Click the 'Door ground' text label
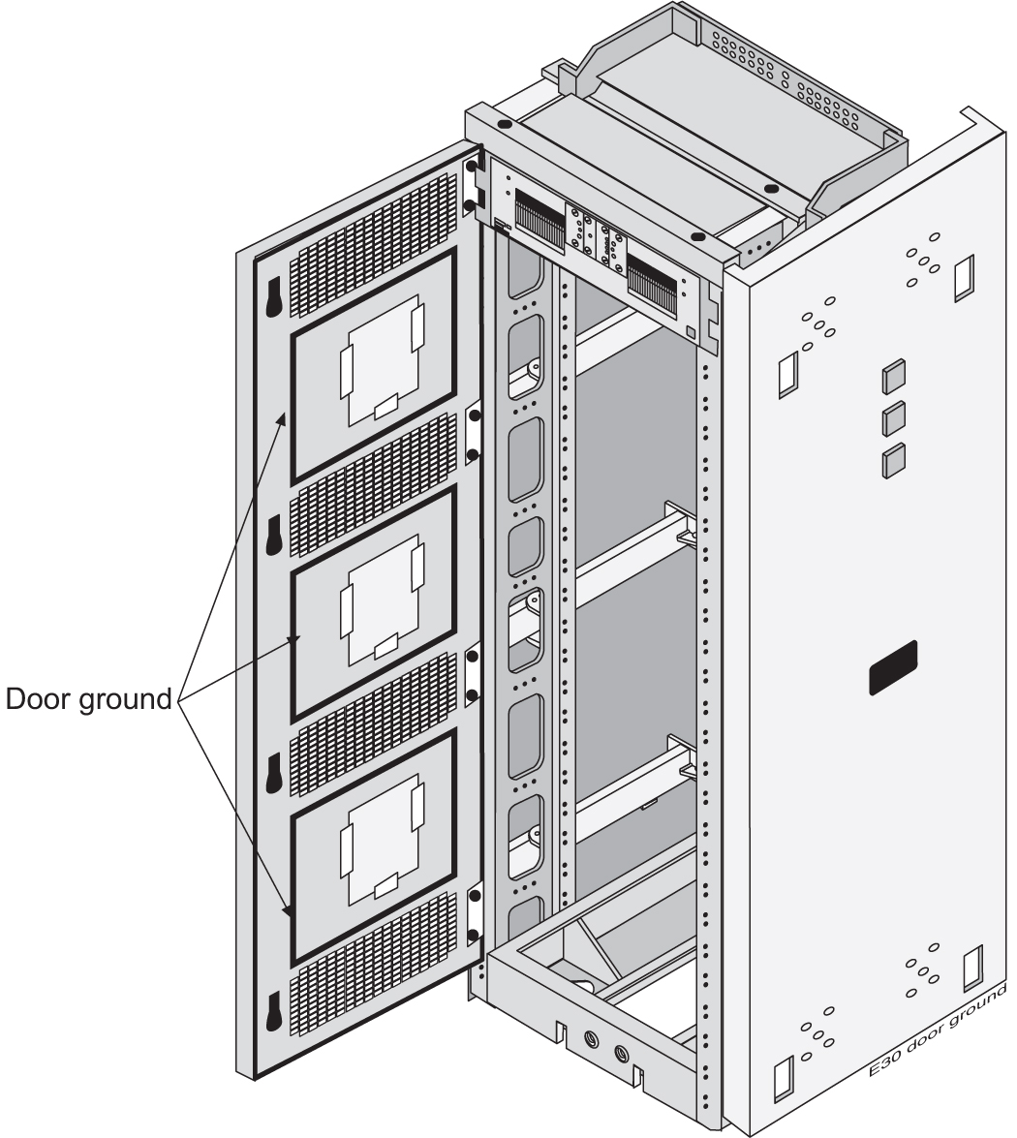click(x=89, y=698)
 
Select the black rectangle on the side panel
click(x=892, y=667)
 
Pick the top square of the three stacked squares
click(x=894, y=376)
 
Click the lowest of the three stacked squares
click(x=894, y=460)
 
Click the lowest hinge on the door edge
click(x=473, y=916)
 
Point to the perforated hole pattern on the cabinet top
click(x=785, y=73)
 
